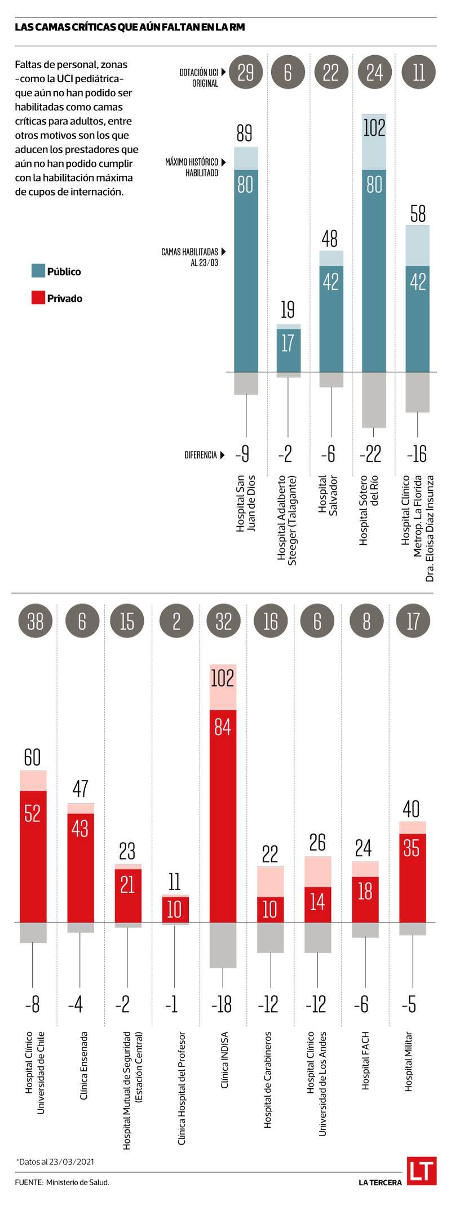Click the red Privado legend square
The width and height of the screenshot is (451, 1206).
coord(38,298)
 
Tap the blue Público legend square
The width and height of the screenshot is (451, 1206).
coord(38,271)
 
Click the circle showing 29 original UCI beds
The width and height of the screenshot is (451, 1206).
coord(246,72)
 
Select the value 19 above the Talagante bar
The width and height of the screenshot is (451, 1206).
coord(288,309)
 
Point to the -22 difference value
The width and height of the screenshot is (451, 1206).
coord(373,454)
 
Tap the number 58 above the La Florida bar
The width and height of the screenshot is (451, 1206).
coord(418,214)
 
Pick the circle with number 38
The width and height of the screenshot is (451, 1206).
coord(35,621)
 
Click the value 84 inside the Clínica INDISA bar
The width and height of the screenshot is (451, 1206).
coord(223,727)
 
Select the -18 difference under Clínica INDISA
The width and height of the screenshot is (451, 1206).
coord(223,1005)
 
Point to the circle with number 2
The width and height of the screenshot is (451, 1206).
coord(176,621)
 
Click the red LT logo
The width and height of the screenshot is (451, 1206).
coord(422,1171)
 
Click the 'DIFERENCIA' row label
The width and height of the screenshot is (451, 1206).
coord(201,455)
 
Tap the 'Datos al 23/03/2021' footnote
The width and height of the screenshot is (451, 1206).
coord(55,1162)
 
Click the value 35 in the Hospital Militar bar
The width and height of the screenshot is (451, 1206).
coord(412,848)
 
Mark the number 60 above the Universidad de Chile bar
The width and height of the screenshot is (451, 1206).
coord(33,757)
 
